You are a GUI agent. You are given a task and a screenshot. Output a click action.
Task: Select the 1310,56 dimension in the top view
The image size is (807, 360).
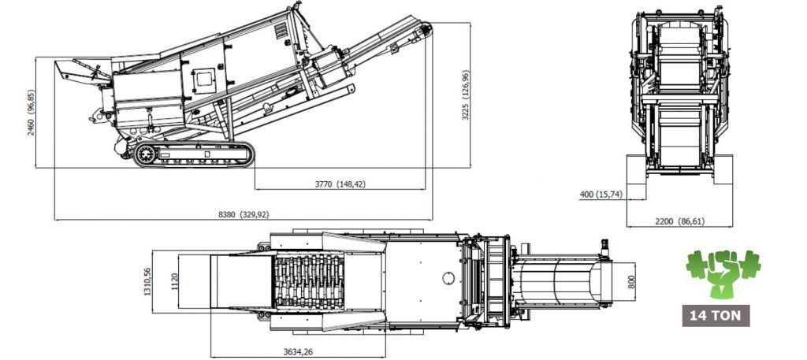click(147, 280)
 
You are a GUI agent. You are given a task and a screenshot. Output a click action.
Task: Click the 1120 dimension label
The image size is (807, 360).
click(174, 281)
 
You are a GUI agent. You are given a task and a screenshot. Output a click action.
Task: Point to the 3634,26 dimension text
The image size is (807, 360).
click(298, 352)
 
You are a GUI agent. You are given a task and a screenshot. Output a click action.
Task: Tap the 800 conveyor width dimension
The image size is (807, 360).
click(632, 281)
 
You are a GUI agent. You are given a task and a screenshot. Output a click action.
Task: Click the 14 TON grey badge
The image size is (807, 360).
click(716, 316)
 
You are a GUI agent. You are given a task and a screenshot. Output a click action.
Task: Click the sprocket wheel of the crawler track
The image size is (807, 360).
click(146, 154)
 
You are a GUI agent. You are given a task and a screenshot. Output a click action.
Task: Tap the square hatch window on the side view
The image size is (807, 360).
click(204, 80)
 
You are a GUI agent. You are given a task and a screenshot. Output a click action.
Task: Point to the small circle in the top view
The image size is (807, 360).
click(448, 278)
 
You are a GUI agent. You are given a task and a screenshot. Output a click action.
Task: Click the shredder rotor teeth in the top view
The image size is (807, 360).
click(308, 281)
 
